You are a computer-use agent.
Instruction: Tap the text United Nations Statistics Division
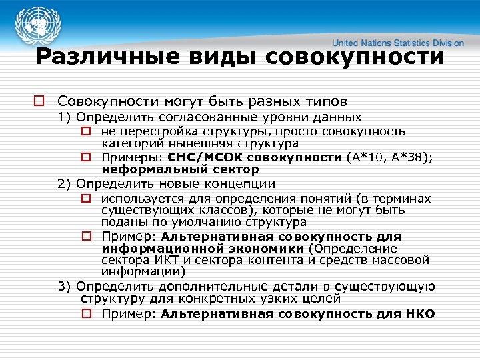pyautogui.click(x=399, y=43)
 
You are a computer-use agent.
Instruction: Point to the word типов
pyautogui.click(x=323, y=102)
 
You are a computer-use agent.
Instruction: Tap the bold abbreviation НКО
pyautogui.click(x=419, y=313)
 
